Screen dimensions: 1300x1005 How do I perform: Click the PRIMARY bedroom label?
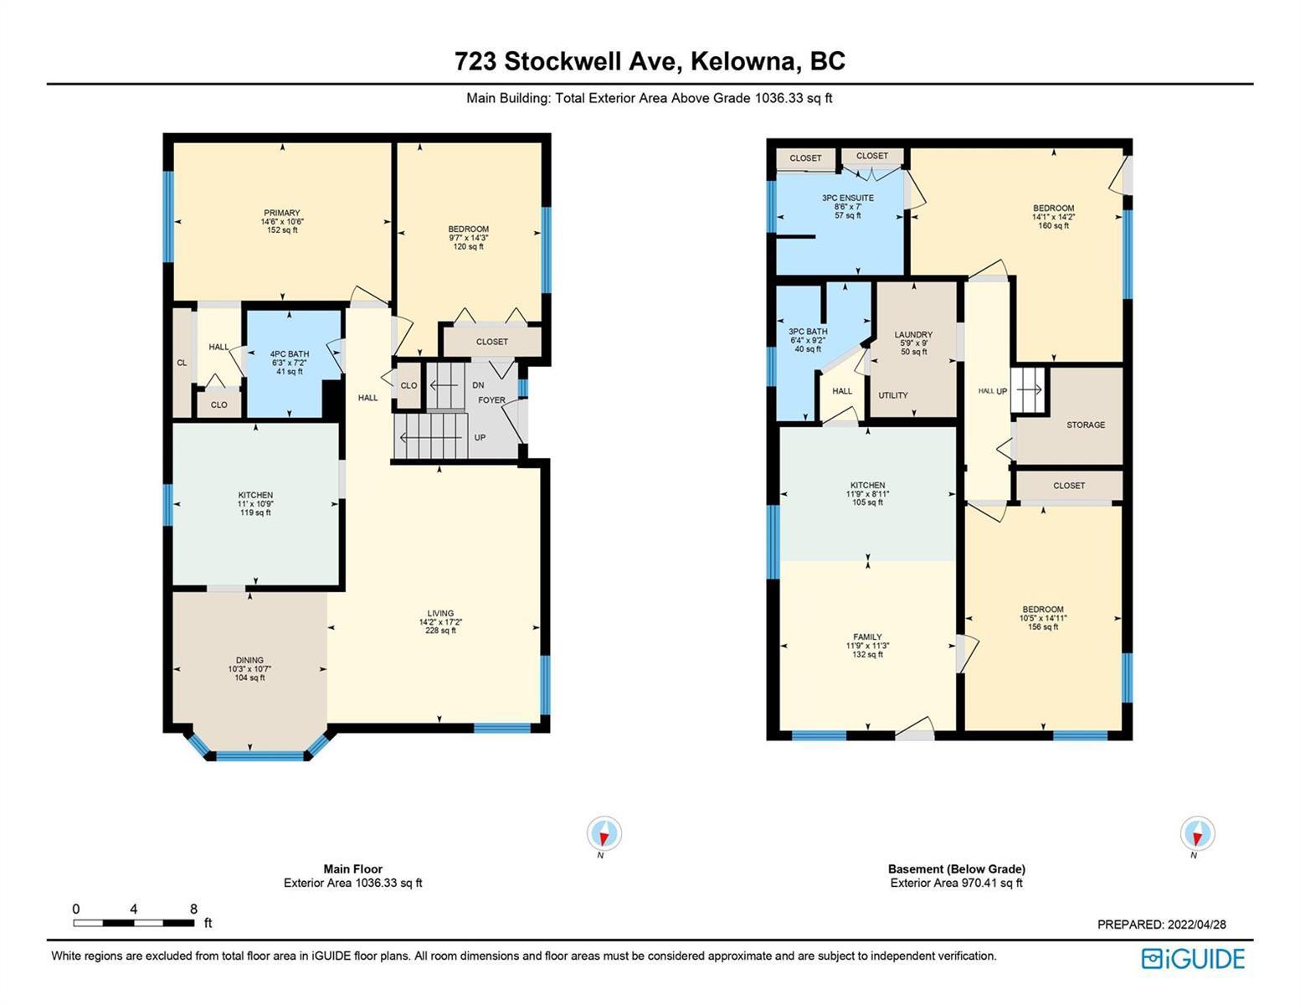pos(282,213)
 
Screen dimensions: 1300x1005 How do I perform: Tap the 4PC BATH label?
pos(290,354)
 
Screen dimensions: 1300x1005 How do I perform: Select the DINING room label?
pos(249,660)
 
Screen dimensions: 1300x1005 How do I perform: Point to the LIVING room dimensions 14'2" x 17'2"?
pos(440,622)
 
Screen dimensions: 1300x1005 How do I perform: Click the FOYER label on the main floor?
pos(491,399)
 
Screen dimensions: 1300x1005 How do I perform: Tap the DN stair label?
pos(478,385)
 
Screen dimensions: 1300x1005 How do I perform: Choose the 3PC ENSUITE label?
pos(848,198)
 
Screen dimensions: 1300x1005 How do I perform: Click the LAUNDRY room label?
pos(913,335)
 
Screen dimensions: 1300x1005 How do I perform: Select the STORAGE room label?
pos(1086,425)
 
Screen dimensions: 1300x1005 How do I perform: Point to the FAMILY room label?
pos(867,636)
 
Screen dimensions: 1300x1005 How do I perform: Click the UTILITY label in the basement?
pos(893,395)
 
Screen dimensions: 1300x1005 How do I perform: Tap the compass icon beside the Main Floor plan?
pos(604,833)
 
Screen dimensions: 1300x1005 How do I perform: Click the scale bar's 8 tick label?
pos(193,909)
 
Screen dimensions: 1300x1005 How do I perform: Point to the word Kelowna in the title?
pos(745,62)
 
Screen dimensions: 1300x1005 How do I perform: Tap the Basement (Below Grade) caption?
pos(957,868)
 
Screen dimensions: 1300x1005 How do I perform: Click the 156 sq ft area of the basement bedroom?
pos(1043,626)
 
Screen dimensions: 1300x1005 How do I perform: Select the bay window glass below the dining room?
pos(259,756)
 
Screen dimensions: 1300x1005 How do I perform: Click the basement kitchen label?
pos(867,486)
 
